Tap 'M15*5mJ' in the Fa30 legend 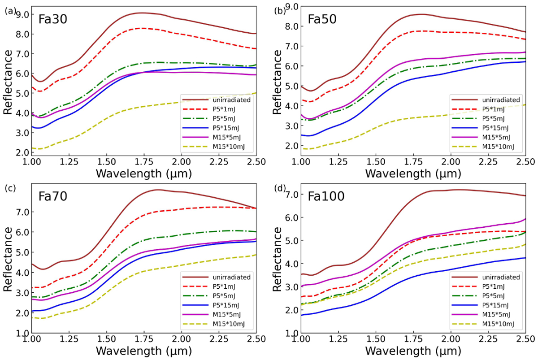(219, 135)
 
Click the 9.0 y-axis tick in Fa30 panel (22, 14)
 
